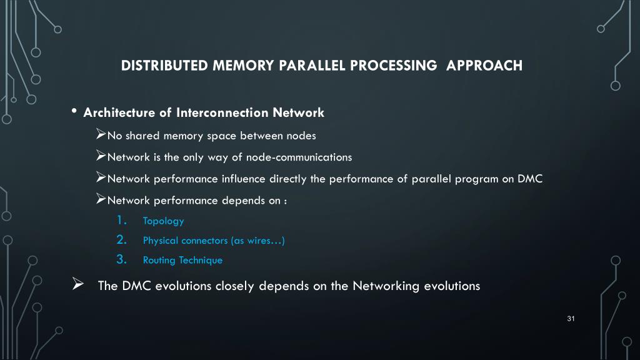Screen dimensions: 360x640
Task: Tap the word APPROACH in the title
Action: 484,66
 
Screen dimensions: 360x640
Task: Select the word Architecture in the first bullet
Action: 119,113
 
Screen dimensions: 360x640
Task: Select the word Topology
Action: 163,221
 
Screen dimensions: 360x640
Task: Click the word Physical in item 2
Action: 161,241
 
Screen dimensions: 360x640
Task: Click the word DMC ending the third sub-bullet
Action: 530,179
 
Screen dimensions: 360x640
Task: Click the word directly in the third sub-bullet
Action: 288,179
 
